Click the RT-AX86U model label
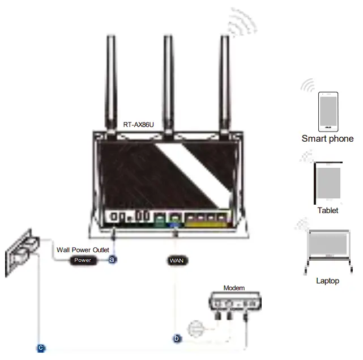(139, 124)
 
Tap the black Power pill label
(83, 260)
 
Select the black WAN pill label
(177, 260)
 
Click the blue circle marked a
(112, 260)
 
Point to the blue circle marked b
(177, 339)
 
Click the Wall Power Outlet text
(83, 249)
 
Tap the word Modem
(234, 288)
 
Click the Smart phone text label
(327, 138)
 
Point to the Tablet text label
(328, 210)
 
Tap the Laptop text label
(328, 281)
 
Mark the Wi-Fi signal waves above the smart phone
(308, 86)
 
